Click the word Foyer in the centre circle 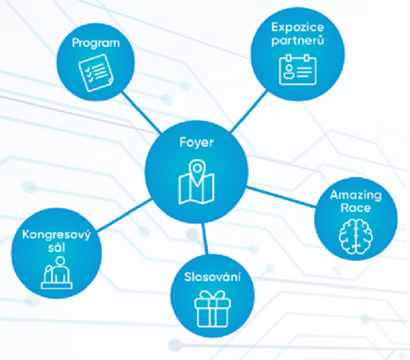pyautogui.click(x=196, y=143)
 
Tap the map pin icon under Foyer pyautogui.click(x=196, y=182)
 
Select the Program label pyautogui.click(x=96, y=43)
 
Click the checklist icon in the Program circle pyautogui.click(x=96, y=72)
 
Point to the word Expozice pyautogui.click(x=298, y=27)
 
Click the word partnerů pyautogui.click(x=298, y=41)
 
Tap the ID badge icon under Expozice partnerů pyautogui.click(x=298, y=70)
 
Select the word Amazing pyautogui.click(x=356, y=195)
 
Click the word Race pyautogui.click(x=356, y=208)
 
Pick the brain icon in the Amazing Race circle pyautogui.click(x=356, y=237)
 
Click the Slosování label pyautogui.click(x=212, y=277)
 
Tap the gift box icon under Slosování pyautogui.click(x=212, y=309)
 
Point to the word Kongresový pyautogui.click(x=57, y=235)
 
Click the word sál pyautogui.click(x=57, y=247)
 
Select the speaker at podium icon pyautogui.click(x=57, y=272)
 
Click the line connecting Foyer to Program pyautogui.click(x=141, y=112)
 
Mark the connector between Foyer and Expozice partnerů pyautogui.click(x=249, y=111)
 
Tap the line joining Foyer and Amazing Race pyautogui.click(x=281, y=197)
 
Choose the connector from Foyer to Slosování pyautogui.click(x=205, y=239)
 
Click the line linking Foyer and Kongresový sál pyautogui.click(x=125, y=215)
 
